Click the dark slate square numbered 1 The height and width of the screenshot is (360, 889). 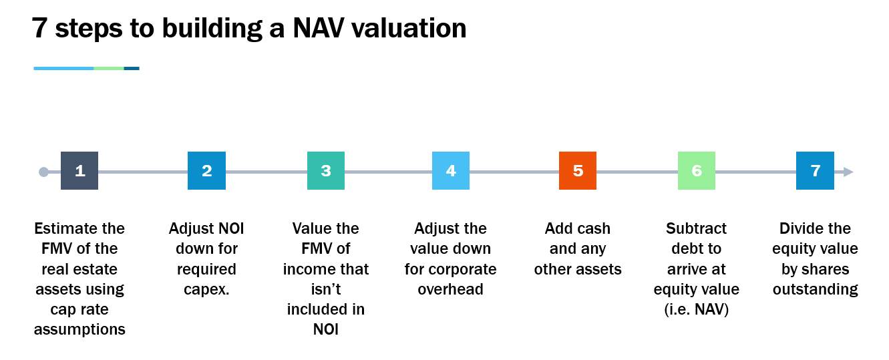79,171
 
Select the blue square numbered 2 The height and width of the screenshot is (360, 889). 206,171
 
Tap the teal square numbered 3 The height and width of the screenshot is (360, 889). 326,171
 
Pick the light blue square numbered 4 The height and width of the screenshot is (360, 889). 450,171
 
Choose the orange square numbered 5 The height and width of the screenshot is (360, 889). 578,171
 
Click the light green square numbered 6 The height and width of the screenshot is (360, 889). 697,171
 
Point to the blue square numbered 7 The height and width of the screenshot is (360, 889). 815,171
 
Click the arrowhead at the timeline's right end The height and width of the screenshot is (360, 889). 848,172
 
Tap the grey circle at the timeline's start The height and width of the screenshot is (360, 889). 43,172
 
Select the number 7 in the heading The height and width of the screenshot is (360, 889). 39,28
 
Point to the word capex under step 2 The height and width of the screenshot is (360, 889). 205,290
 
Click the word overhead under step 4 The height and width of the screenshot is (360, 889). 450,289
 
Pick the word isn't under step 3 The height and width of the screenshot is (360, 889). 326,289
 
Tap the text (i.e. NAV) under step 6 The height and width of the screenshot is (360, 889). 697,310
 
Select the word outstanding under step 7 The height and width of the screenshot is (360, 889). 815,290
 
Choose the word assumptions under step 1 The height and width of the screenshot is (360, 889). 79,330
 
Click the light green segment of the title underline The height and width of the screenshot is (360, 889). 109,68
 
